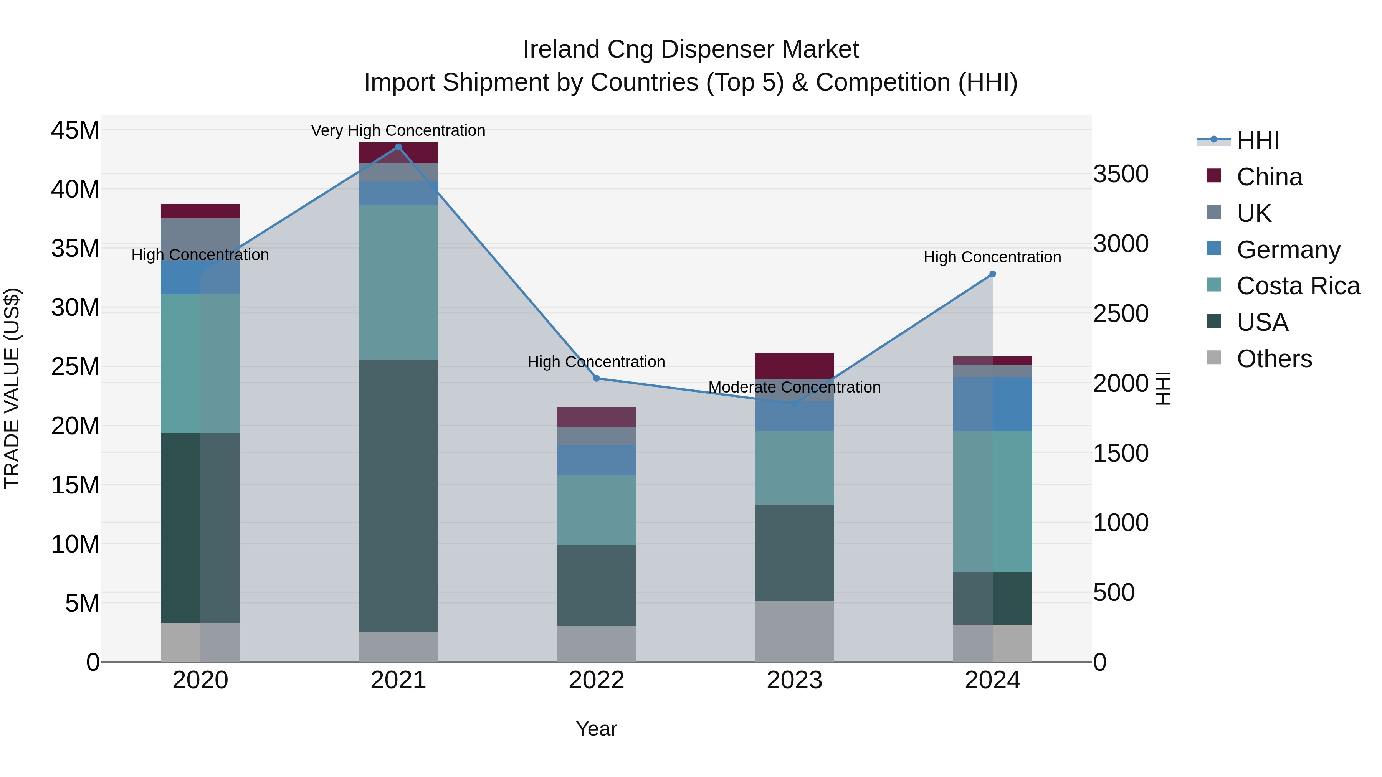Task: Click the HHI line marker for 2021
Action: coord(398,147)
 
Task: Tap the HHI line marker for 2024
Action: coord(992,274)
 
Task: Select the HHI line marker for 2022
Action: coord(597,379)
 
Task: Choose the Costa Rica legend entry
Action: coord(1298,286)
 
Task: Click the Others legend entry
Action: coord(1274,359)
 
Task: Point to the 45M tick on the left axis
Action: coord(75,130)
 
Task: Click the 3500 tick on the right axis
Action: coord(1121,174)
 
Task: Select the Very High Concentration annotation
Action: coord(398,130)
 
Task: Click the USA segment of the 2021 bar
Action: coord(398,496)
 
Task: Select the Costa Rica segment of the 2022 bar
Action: coord(597,510)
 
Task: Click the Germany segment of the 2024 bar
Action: coord(992,404)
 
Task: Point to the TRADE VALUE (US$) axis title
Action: coord(12,388)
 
